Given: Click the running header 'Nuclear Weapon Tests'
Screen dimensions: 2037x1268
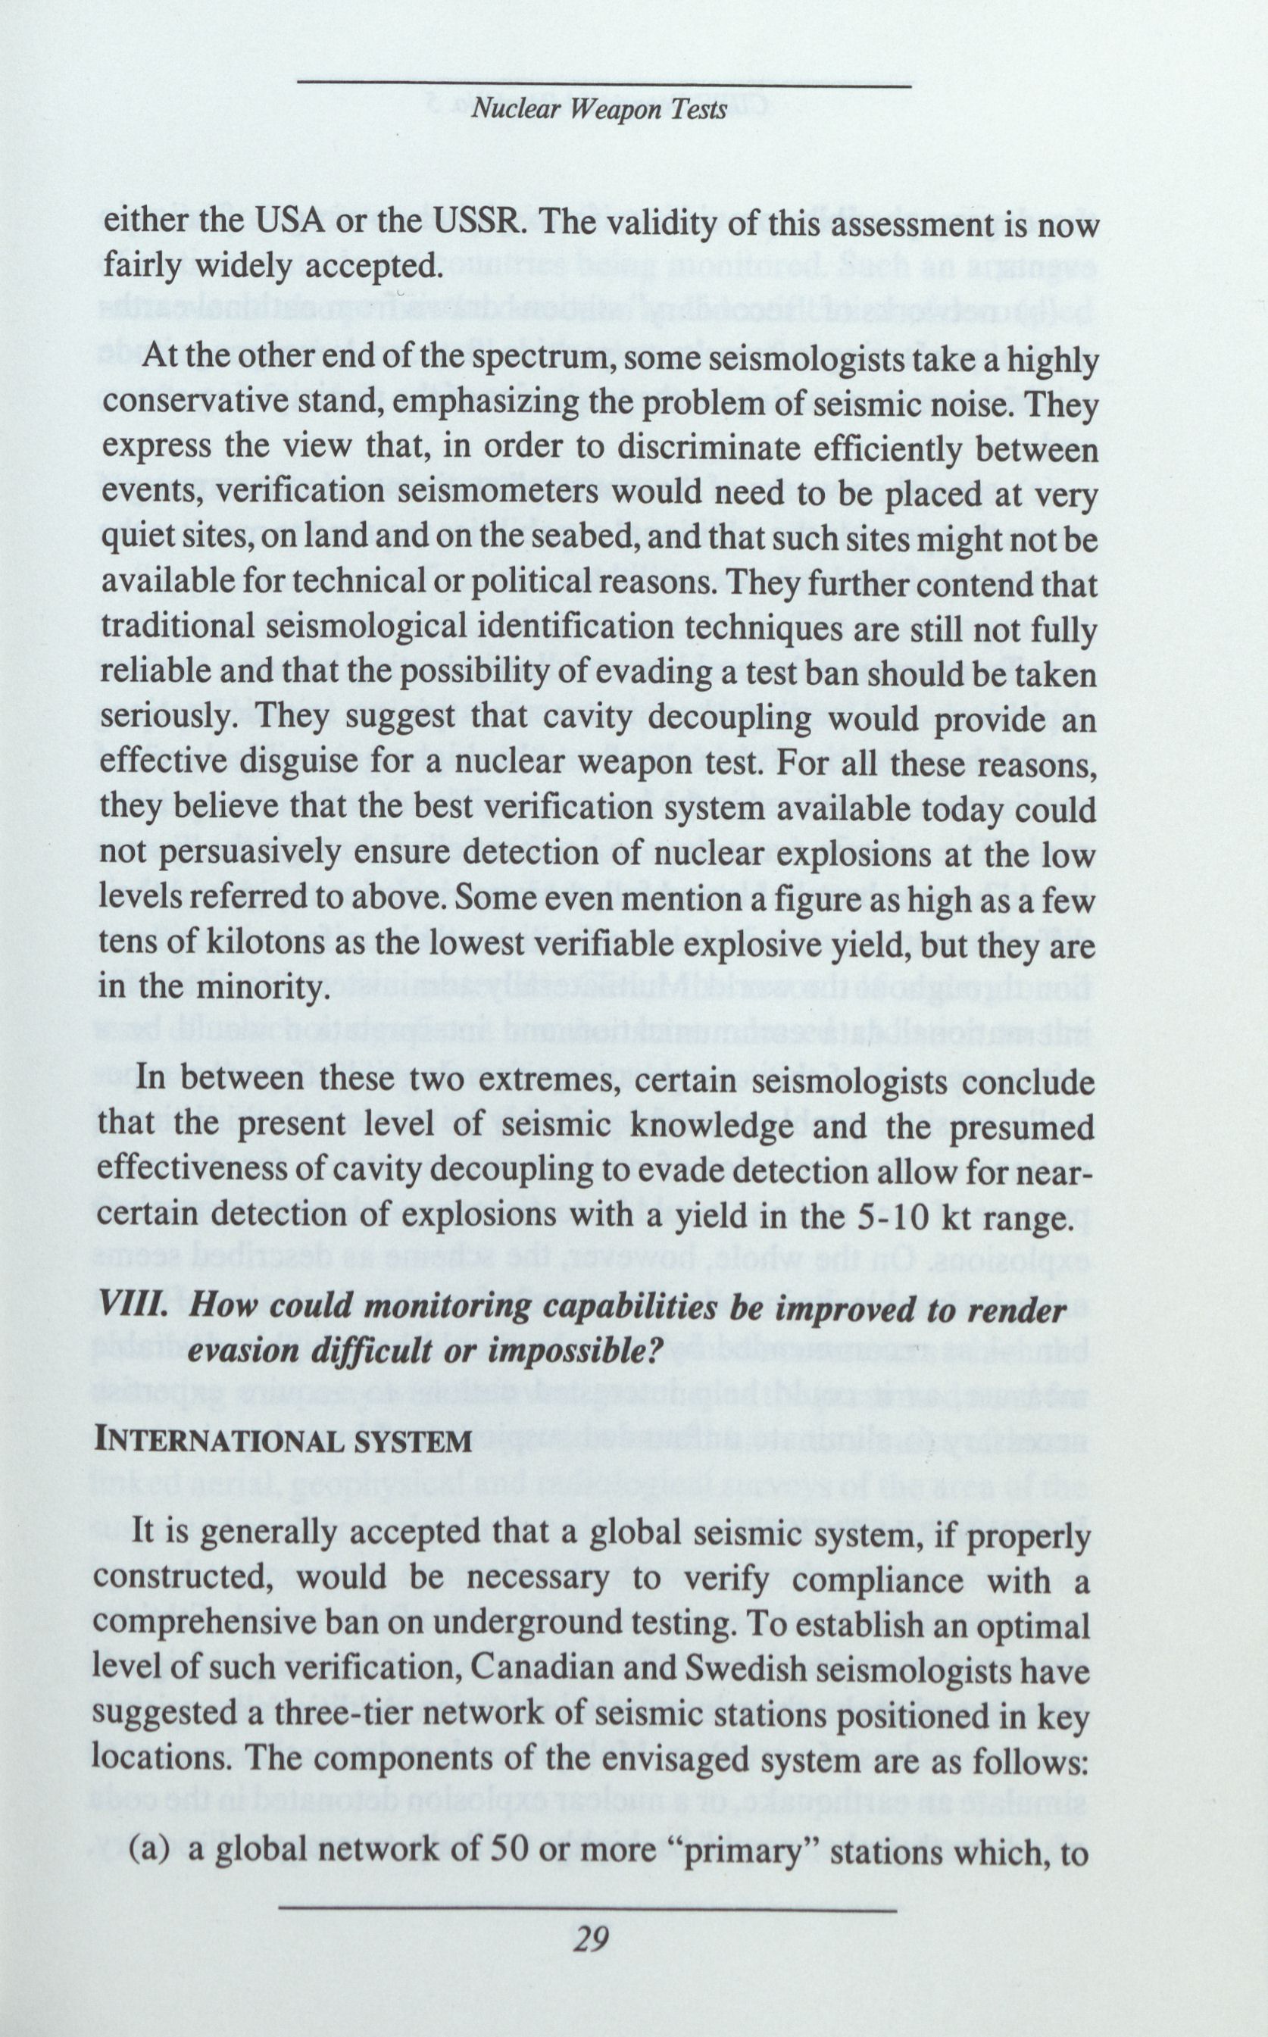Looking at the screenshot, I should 598,111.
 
